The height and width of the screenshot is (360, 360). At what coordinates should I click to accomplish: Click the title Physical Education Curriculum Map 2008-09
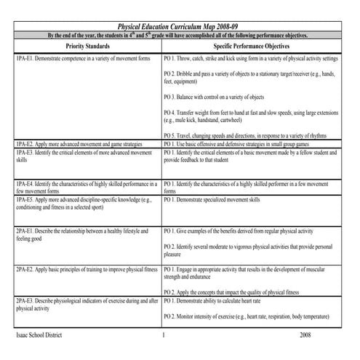click(x=180, y=26)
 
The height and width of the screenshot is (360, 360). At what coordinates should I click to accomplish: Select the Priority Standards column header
click(x=88, y=44)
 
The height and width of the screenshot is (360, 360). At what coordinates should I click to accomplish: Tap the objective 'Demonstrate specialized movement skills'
click(x=223, y=199)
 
